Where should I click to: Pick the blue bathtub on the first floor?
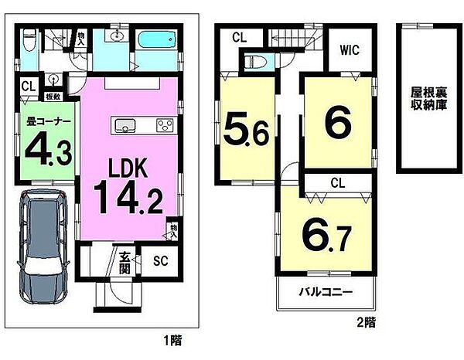pos(158,40)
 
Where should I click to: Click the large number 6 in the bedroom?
pos(337,121)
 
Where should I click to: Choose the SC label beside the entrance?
pos(160,261)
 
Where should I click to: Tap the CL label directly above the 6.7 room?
pos(336,183)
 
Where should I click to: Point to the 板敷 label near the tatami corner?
pos(53,97)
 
